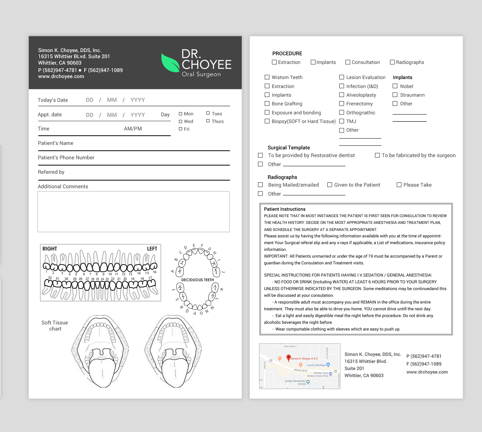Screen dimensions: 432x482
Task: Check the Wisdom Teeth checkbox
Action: [x=267, y=77]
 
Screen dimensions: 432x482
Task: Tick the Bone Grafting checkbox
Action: [x=267, y=103]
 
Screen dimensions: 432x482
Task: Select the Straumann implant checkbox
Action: [x=395, y=95]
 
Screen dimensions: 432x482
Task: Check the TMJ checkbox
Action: [x=342, y=121]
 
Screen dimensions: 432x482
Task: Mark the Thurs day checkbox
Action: [x=208, y=121]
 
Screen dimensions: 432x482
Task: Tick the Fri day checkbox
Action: [x=181, y=129]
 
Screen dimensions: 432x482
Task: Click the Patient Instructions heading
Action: [x=284, y=209]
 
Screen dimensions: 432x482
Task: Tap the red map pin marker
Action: [x=289, y=357]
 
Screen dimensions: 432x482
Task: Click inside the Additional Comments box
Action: [x=133, y=212]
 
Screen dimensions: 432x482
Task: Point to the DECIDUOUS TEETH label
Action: [x=197, y=280]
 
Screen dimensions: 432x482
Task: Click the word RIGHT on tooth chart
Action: [x=49, y=249]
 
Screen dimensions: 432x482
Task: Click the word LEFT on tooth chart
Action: [x=152, y=249]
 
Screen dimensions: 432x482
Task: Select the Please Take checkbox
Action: [x=399, y=185]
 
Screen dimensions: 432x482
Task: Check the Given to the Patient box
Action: [x=330, y=185]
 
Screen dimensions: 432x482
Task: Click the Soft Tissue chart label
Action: [x=55, y=326]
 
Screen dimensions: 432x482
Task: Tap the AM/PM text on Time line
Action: [x=133, y=129]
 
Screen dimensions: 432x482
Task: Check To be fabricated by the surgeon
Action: [x=377, y=155]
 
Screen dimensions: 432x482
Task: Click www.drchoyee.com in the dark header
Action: [x=61, y=76]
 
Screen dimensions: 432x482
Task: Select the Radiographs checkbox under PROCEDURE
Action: [x=392, y=62]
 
